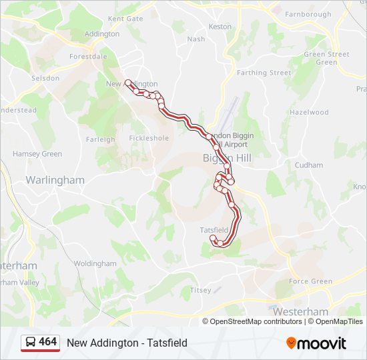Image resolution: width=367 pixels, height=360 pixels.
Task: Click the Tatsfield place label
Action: [x=214, y=230]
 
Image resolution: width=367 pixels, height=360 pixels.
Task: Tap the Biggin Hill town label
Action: [x=227, y=158]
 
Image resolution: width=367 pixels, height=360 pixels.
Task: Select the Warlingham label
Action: [x=55, y=180]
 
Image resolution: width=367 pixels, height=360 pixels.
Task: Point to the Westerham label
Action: [x=300, y=311]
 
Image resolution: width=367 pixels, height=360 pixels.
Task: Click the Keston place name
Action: [x=220, y=27]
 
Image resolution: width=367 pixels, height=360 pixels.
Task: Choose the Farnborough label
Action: [x=308, y=14]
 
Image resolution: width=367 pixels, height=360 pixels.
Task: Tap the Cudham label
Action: [x=309, y=165]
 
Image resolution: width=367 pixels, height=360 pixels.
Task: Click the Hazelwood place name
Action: [x=309, y=113]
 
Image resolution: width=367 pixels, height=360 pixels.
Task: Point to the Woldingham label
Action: [x=95, y=263]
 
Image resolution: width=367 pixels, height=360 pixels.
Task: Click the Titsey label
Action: [x=200, y=290]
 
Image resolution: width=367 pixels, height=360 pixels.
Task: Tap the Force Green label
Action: [x=310, y=281]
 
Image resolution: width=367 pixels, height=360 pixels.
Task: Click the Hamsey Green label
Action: [x=37, y=154]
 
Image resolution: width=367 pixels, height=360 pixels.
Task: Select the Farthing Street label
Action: [x=264, y=73]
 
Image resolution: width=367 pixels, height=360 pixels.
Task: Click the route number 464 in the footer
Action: [x=47, y=342]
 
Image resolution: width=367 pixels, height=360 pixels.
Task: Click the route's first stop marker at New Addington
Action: [x=127, y=83]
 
